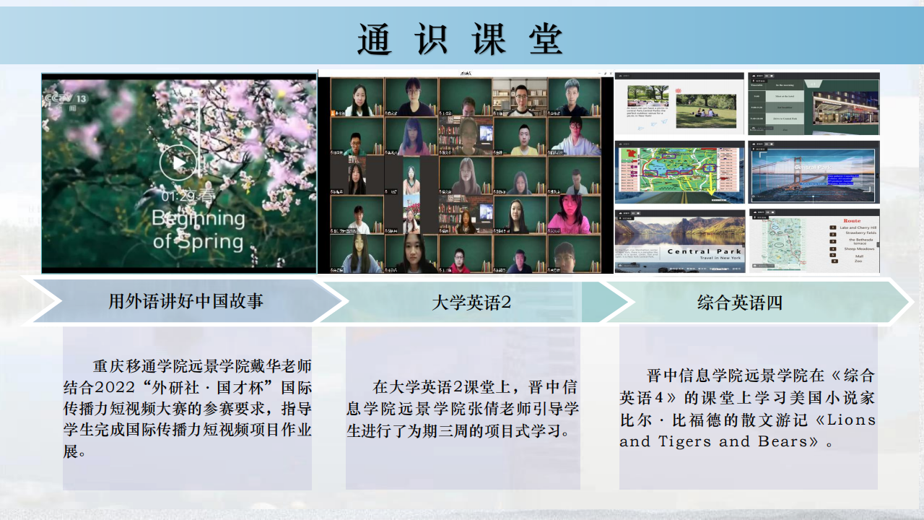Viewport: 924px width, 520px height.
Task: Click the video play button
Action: coord(178,162)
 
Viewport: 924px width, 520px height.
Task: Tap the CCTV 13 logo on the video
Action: coord(66,99)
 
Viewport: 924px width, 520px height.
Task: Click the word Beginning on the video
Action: coord(199,219)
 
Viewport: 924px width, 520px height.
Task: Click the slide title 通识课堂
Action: coord(460,39)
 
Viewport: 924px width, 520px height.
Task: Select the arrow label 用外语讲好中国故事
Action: coord(186,301)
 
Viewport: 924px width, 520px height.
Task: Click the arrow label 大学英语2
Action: coord(471,303)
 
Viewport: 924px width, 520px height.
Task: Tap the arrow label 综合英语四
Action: coord(739,303)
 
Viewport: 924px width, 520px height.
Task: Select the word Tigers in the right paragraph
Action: coord(686,441)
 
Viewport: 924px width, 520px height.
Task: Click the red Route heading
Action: coord(852,221)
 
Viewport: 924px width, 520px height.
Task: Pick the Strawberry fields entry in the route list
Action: coord(861,233)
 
